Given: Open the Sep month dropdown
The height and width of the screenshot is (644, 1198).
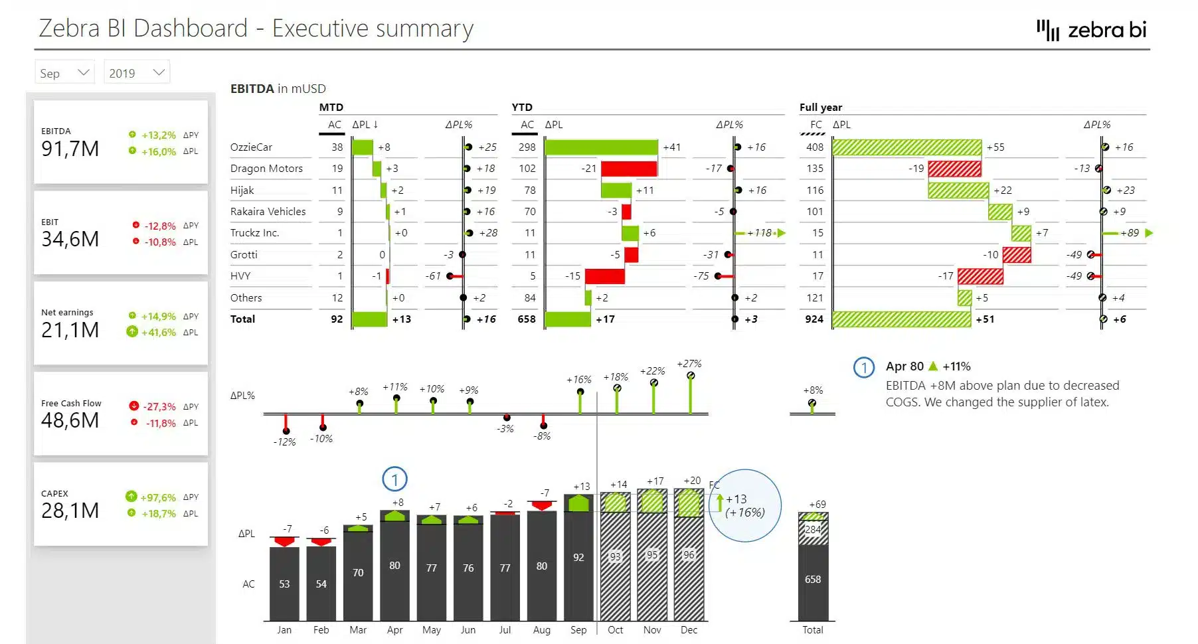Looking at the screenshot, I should point(64,73).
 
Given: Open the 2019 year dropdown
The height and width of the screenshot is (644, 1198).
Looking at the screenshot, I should point(136,73).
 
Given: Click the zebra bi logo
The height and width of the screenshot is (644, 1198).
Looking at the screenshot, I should point(1092,30).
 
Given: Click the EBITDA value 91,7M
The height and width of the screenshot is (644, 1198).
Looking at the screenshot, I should point(70,149).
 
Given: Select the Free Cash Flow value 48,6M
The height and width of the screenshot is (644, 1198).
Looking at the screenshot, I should point(70,420).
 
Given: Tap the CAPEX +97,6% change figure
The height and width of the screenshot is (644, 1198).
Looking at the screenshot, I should point(158,497).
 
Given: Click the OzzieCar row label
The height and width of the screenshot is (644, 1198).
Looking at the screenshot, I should point(251,147).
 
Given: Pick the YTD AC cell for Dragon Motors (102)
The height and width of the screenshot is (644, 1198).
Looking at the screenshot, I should point(527,169).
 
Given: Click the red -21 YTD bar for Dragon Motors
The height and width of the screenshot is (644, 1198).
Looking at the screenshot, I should point(628,169).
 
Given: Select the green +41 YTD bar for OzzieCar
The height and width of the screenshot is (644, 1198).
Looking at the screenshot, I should point(601,147).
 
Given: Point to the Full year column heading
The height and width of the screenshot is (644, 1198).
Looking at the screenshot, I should point(820,108).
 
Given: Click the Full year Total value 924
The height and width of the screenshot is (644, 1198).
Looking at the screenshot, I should point(814,319).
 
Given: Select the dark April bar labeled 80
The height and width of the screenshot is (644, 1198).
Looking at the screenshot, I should point(395,571).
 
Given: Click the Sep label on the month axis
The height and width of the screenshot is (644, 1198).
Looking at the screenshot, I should point(578,630).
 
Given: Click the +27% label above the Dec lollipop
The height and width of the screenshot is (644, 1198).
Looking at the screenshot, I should point(689,364).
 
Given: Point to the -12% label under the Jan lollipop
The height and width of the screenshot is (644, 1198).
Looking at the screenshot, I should point(284,442).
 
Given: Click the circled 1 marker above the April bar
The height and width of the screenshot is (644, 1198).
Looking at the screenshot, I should point(394,479).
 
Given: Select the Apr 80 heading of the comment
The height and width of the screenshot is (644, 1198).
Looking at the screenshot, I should point(904,366).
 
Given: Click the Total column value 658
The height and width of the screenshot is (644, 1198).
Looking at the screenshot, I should point(813,580).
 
